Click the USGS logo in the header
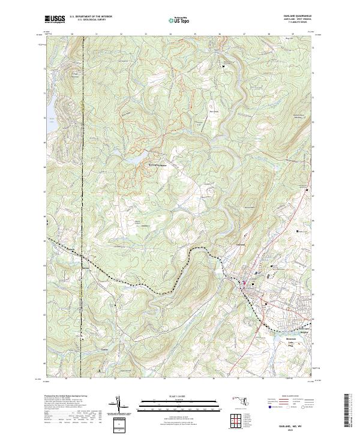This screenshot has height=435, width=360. (55, 20)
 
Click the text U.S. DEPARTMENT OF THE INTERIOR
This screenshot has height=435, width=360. (91, 17)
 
